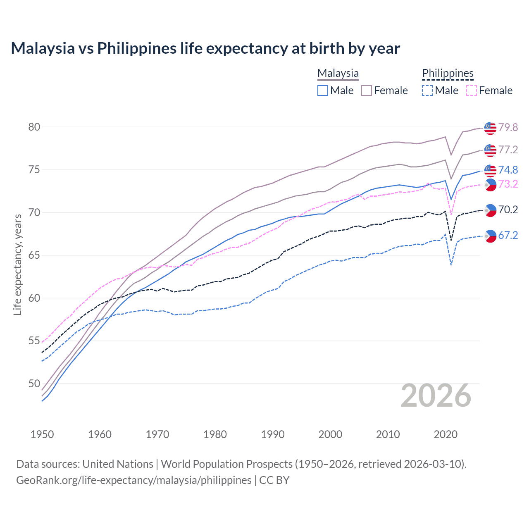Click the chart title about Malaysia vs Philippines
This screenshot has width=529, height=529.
pyautogui.click(x=205, y=48)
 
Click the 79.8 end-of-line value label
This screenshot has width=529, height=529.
pyautogui.click(x=508, y=127)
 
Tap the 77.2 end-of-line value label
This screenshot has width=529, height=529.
pyautogui.click(x=508, y=150)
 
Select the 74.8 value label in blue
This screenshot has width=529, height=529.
pyautogui.click(x=508, y=170)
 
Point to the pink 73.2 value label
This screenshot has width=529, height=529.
pyautogui.click(x=508, y=184)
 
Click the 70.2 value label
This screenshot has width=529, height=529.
pyautogui.click(x=508, y=210)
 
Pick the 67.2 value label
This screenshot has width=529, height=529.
pyautogui.click(x=508, y=235)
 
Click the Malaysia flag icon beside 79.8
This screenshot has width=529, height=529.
pyautogui.click(x=490, y=128)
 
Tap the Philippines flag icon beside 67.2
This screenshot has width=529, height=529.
pyautogui.click(x=490, y=236)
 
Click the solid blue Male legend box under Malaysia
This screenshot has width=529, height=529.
pyautogui.click(x=323, y=91)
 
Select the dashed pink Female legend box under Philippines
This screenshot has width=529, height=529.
pyautogui.click(x=472, y=91)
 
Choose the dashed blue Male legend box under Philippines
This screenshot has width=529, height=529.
pyautogui.click(x=427, y=91)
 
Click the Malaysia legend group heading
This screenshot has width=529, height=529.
pyautogui.click(x=338, y=73)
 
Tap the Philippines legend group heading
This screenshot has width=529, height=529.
pyautogui.click(x=448, y=73)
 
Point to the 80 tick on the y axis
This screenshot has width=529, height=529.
pyautogui.click(x=34, y=127)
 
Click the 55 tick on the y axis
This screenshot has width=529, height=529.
pyautogui.click(x=34, y=341)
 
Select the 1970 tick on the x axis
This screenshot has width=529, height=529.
pyautogui.click(x=157, y=434)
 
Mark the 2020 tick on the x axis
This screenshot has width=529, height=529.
pyautogui.click(x=446, y=434)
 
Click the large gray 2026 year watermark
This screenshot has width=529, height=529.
pyautogui.click(x=436, y=396)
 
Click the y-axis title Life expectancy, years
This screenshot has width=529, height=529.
pyautogui.click(x=17, y=264)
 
